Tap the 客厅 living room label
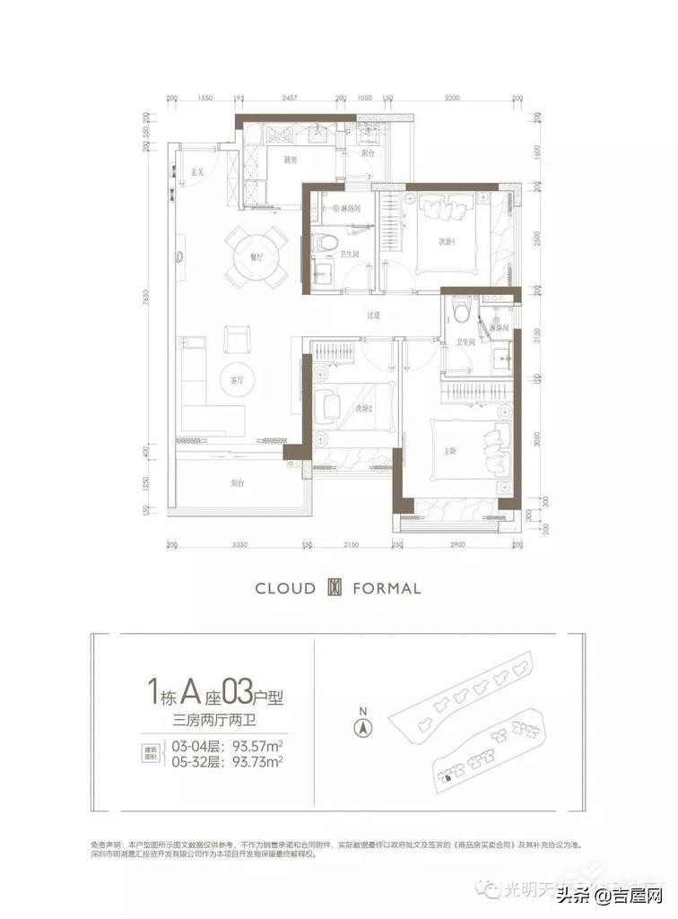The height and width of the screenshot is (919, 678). [x=237, y=380]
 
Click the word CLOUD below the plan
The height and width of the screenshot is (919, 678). [x=285, y=589]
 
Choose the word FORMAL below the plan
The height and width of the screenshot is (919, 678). [x=387, y=589]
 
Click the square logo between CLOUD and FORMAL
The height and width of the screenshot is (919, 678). [x=335, y=589]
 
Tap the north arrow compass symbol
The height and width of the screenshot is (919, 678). [x=362, y=729]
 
